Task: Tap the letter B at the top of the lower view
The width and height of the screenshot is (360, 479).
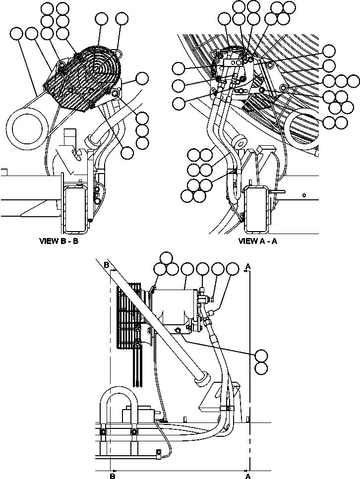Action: (x=106, y=266)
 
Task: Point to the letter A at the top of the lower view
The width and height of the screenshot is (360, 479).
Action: (x=248, y=266)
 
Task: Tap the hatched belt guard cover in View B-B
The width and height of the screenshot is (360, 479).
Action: (x=79, y=77)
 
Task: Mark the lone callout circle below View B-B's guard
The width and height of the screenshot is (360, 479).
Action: (x=127, y=153)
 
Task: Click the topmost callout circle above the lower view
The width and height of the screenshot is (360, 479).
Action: (x=167, y=257)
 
